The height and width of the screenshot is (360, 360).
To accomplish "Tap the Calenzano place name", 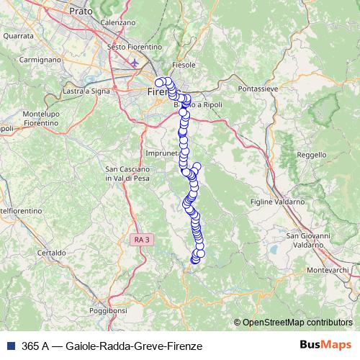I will point(119,22).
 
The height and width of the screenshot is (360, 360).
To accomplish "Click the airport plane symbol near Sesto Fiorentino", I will point(135,63).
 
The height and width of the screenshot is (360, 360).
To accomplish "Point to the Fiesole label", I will point(184,65).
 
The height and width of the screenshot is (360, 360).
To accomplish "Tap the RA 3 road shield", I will point(142,238).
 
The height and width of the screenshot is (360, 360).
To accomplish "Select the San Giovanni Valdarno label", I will point(308,240).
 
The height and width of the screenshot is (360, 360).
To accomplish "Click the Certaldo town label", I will point(51,253).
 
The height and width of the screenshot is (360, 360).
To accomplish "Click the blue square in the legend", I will point(9,346).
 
